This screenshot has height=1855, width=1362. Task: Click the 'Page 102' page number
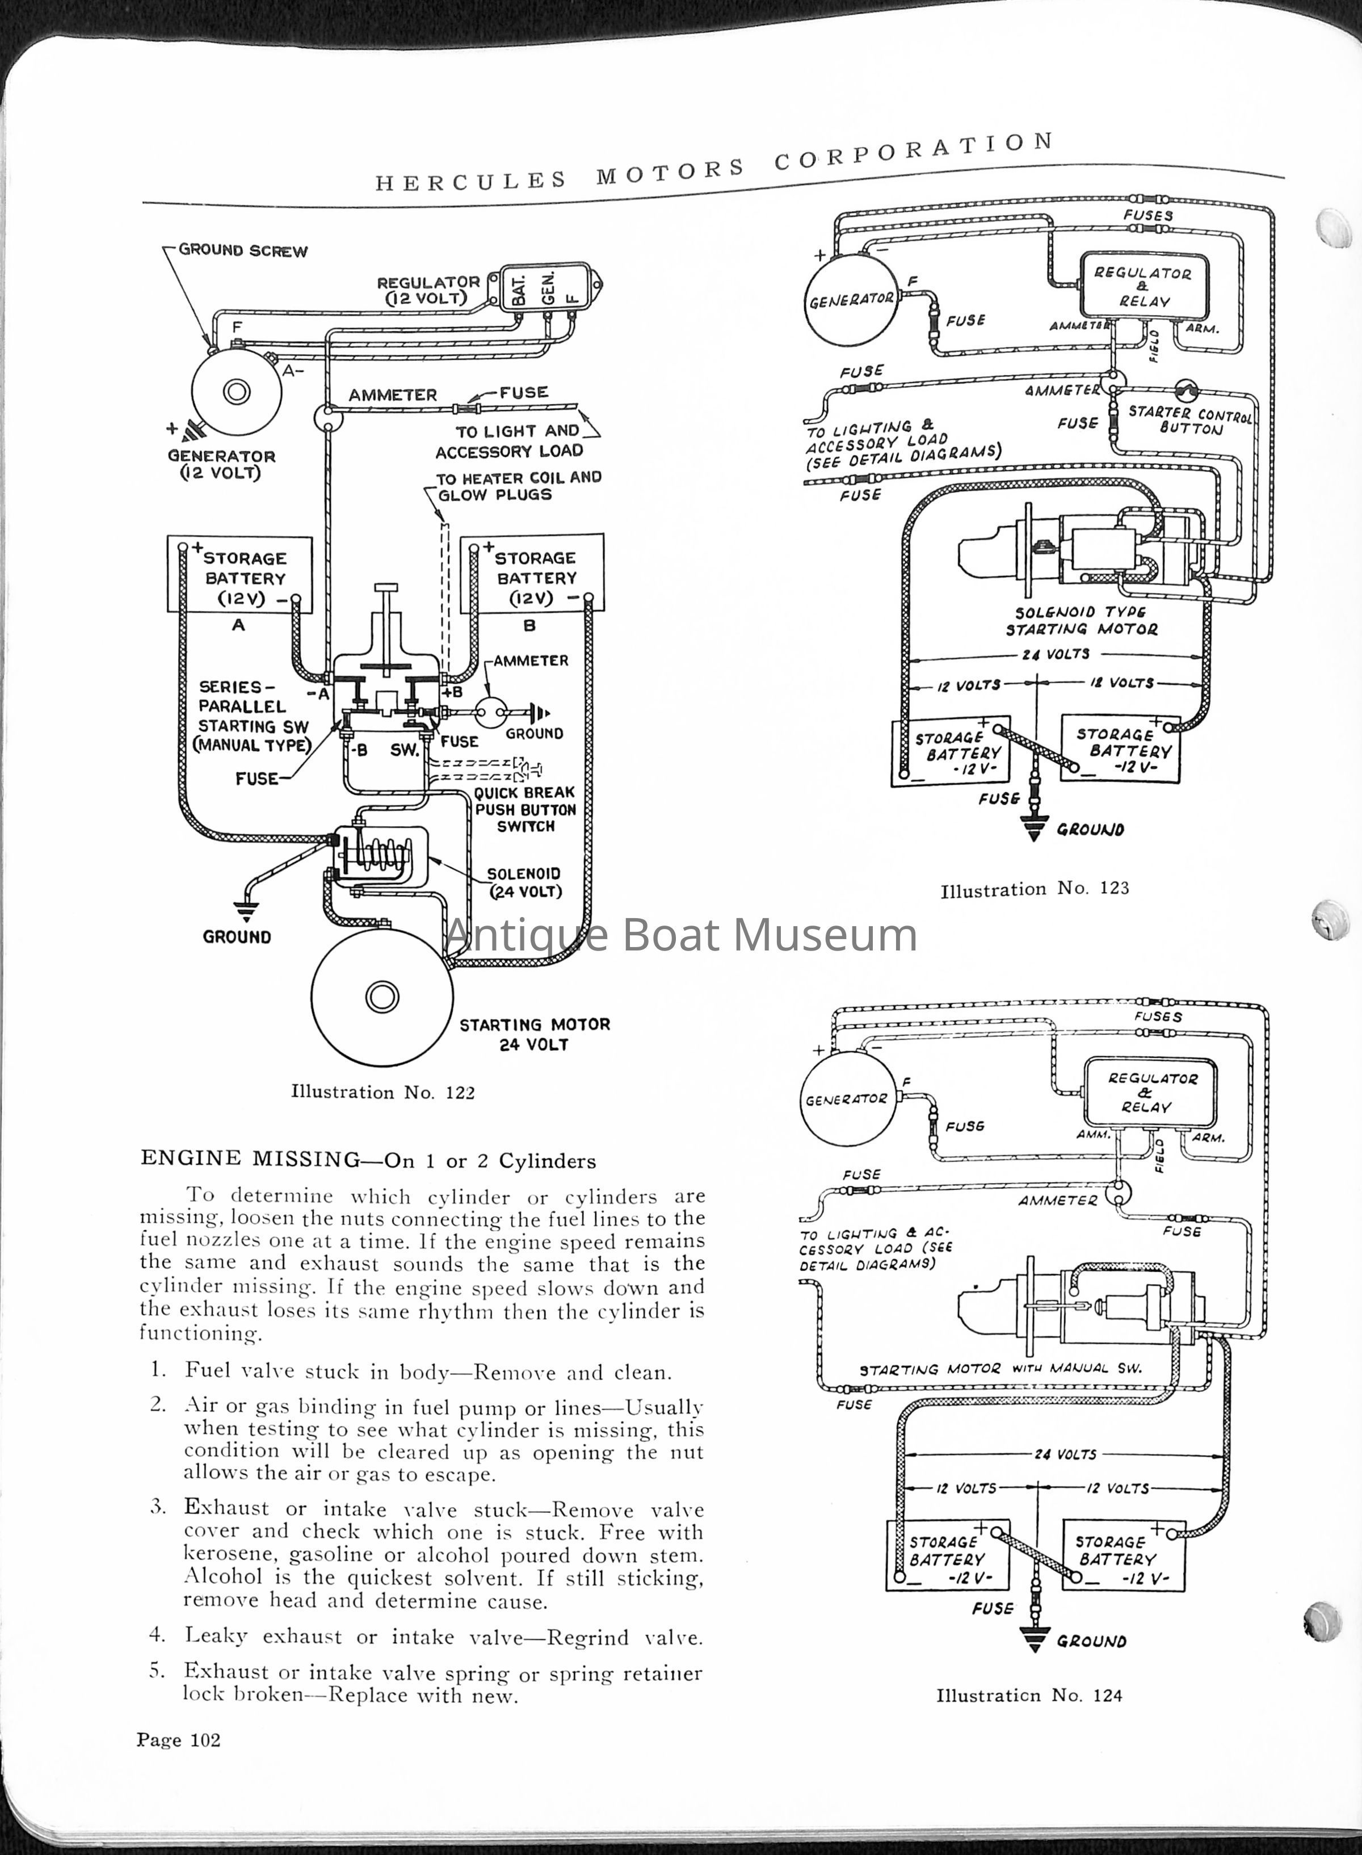tap(178, 1740)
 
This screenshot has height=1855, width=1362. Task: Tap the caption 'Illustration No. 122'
tap(382, 1092)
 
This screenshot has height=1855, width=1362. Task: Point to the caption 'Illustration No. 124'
tap(1029, 1695)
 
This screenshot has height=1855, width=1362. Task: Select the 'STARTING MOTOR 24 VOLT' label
tap(534, 1034)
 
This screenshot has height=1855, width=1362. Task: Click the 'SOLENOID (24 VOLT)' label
tap(524, 883)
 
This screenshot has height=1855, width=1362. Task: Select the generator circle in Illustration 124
tap(847, 1100)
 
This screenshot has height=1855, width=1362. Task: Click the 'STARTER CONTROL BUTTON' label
tap(1189, 420)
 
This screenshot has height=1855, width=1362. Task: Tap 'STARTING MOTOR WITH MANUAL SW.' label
tap(1000, 1369)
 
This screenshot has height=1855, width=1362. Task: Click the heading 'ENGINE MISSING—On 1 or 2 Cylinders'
tap(368, 1160)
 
